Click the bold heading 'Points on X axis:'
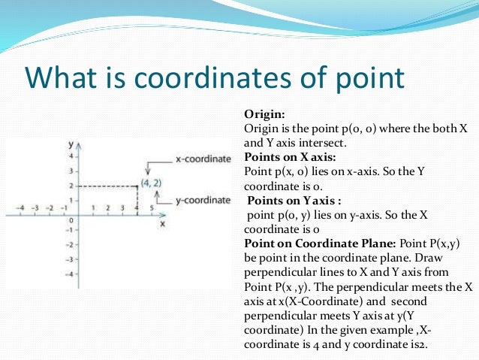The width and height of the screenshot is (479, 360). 290,158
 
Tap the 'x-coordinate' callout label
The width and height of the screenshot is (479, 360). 203,159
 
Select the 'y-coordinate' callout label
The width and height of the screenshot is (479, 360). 203,200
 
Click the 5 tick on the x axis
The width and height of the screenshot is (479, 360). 152,207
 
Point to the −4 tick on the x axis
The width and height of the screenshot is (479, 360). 23,207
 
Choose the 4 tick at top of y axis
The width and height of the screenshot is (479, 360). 70,157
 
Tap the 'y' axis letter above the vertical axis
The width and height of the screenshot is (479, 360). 70,143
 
